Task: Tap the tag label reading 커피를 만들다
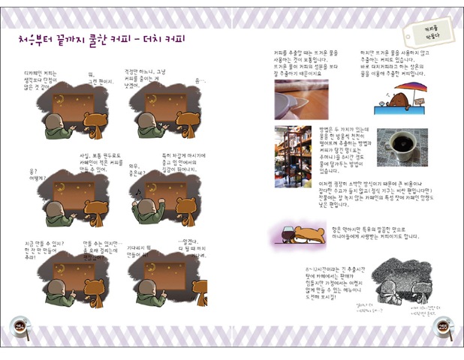420,30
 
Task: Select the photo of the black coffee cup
402,147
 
